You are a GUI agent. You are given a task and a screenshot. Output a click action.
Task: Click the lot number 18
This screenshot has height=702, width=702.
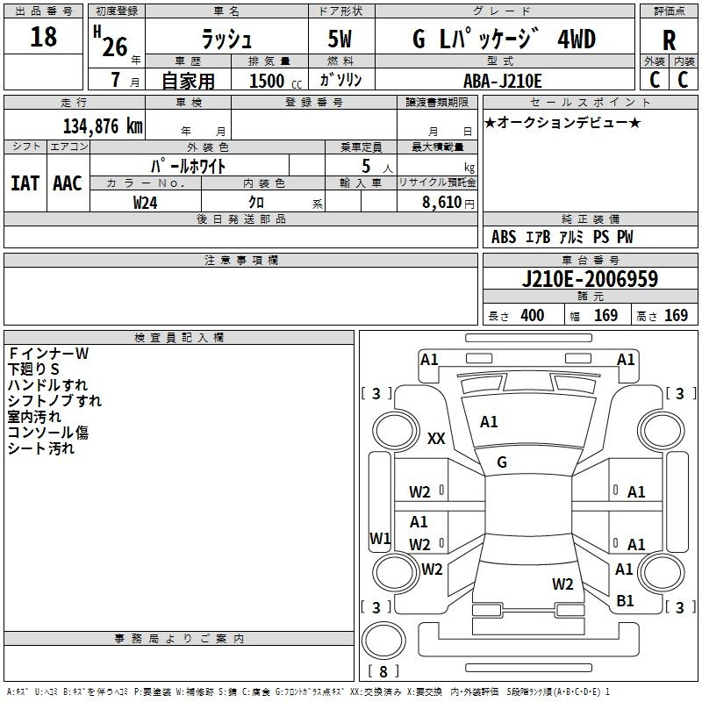(x=43, y=37)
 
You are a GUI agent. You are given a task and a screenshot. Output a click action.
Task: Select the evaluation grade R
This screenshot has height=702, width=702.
(x=669, y=39)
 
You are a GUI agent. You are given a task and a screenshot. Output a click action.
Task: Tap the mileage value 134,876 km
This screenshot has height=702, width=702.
(x=103, y=125)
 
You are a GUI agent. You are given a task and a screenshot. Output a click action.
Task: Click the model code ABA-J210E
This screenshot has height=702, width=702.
(x=503, y=80)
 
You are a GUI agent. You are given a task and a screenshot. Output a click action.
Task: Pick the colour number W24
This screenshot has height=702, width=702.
(x=146, y=202)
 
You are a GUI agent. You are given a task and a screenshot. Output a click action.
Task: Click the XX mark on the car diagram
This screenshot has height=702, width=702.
(x=436, y=439)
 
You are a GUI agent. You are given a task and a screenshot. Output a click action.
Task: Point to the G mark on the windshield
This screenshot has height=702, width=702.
(x=502, y=462)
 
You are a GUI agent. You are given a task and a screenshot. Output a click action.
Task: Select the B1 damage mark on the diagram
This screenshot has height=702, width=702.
(x=625, y=601)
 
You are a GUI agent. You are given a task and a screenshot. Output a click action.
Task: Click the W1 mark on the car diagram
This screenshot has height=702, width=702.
(x=380, y=538)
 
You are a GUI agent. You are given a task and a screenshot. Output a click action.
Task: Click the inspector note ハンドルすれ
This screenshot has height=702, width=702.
(x=47, y=385)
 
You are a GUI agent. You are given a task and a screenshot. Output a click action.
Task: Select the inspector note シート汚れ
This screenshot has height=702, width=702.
(x=41, y=448)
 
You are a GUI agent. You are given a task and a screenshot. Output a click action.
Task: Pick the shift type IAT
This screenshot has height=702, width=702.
(x=25, y=183)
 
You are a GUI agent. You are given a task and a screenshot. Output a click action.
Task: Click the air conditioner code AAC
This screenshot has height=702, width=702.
(x=68, y=183)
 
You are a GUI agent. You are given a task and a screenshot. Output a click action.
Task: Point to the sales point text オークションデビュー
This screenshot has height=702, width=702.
(x=562, y=122)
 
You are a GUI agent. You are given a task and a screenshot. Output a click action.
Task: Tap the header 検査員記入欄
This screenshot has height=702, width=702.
(x=179, y=338)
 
